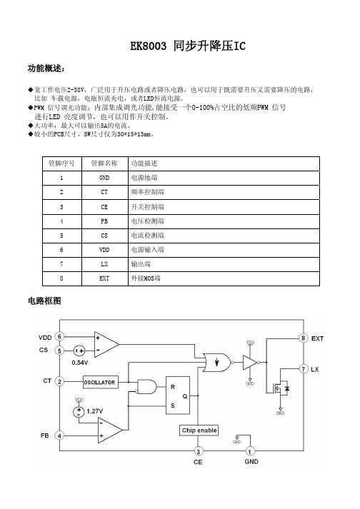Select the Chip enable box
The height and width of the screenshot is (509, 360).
(199, 430)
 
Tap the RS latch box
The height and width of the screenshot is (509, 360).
(178, 395)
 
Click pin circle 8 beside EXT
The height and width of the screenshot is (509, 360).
(303, 338)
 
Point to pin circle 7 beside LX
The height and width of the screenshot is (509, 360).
(303, 369)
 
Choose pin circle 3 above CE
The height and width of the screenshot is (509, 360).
(198, 451)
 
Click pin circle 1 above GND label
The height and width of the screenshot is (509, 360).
(250, 451)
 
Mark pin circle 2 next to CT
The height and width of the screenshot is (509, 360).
(59, 381)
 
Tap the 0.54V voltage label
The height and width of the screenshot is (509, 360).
(80, 362)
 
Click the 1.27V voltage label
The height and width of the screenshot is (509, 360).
(95, 411)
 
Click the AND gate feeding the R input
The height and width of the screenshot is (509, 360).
(146, 387)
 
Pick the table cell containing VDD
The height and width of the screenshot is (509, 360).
(104, 250)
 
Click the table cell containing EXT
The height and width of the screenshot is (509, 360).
(104, 278)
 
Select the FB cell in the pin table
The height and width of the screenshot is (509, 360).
(104, 221)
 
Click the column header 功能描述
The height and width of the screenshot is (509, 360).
(144, 163)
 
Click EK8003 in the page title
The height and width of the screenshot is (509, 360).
(148, 46)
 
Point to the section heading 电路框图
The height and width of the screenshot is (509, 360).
(44, 301)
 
